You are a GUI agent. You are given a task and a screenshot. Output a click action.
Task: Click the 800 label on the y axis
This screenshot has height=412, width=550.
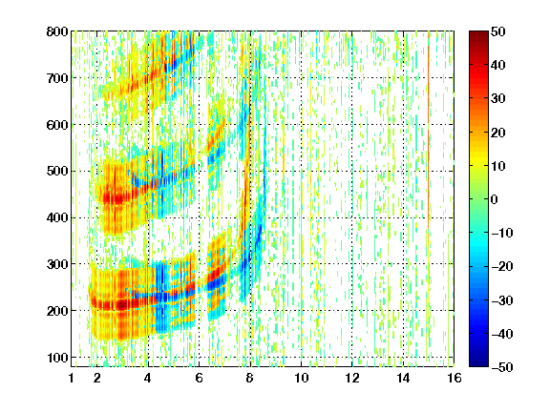point(57,31)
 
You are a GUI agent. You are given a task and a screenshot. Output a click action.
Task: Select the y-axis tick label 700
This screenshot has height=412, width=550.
point(57,78)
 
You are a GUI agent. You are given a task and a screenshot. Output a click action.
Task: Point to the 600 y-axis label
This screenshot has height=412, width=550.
point(57,125)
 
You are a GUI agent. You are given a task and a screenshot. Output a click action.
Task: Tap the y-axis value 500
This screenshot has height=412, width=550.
point(57,172)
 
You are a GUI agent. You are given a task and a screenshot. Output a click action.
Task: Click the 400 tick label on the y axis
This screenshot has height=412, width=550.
point(57,217)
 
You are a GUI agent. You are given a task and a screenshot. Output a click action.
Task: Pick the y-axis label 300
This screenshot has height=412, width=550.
point(57,264)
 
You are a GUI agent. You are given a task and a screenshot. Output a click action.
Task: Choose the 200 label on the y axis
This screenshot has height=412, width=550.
point(57,311)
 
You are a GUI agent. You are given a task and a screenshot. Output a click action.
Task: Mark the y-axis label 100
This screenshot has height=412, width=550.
point(57,358)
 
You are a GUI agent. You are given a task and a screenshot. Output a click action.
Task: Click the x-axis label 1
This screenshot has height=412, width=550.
point(72,378)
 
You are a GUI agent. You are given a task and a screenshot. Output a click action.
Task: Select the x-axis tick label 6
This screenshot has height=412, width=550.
point(199,378)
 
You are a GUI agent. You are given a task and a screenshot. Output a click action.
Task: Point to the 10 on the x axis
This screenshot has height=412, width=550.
point(302,378)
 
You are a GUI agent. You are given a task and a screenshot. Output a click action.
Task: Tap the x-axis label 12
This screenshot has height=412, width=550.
point(352,378)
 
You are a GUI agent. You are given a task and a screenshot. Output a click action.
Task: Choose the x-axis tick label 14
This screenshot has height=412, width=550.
point(403,378)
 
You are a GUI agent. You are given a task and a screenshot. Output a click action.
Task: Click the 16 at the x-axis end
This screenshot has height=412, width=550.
point(455,378)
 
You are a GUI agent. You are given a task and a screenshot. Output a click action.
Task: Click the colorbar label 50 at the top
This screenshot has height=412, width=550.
point(497,31)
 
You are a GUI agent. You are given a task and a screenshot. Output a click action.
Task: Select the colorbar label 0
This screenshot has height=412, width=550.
point(495,199)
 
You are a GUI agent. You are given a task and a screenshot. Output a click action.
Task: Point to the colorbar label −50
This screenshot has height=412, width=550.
point(502,367)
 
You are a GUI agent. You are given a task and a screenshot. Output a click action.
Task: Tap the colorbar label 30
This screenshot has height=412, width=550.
point(497,99)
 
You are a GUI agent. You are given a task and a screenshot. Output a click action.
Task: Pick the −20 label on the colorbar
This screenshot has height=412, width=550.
point(502,267)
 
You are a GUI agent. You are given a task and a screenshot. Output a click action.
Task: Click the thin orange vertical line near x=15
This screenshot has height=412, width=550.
point(429,136)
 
